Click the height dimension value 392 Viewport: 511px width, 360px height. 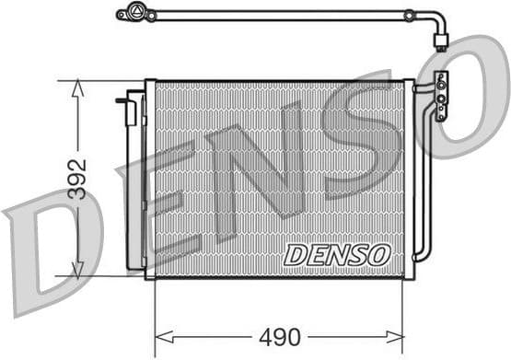[x=78, y=180]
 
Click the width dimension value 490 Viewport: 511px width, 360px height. [x=278, y=337]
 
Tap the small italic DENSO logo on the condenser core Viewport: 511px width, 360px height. [x=337, y=255]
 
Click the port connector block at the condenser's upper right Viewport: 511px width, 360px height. [x=442, y=95]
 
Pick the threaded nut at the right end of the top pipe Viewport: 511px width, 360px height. [x=442, y=40]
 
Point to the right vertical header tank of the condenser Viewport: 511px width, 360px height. [x=409, y=180]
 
